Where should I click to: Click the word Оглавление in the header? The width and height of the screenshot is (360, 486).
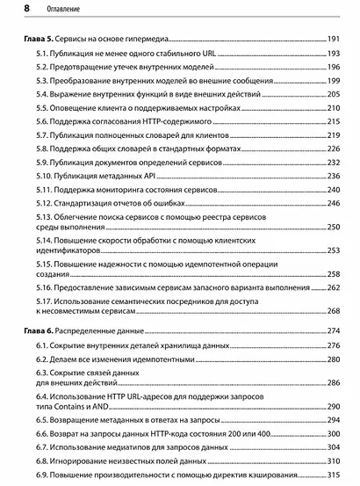pyautogui.click(x=54, y=11)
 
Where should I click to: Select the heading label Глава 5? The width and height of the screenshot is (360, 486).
pyautogui.click(x=40, y=40)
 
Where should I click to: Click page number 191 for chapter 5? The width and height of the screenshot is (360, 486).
pyautogui.click(x=334, y=40)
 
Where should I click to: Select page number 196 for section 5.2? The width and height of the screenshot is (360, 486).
pyautogui.click(x=334, y=68)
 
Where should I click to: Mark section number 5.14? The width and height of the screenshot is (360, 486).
pyautogui.click(x=47, y=240)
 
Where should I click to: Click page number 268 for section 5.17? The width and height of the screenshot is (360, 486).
pyautogui.click(x=334, y=310)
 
